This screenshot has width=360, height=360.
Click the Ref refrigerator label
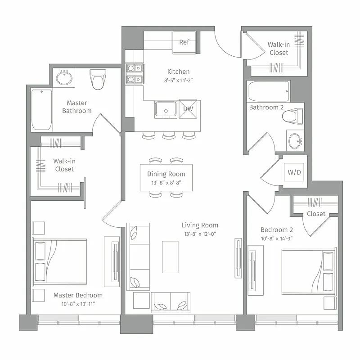pyautogui.click(x=184, y=42)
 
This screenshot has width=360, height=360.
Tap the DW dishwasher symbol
pyautogui.click(x=188, y=109)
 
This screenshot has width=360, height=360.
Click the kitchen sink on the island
pyautogui.click(x=166, y=109)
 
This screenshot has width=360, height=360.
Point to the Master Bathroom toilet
pyautogui.click(x=97, y=80)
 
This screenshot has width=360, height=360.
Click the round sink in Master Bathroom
pyautogui.click(x=64, y=78)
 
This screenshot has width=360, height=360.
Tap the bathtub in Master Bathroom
pyautogui.click(x=41, y=109)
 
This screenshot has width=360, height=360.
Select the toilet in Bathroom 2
pyautogui.click(x=293, y=116)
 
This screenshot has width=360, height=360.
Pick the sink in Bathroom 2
pyautogui.click(x=295, y=140)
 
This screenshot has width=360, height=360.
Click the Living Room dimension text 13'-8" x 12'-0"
pyautogui.click(x=200, y=234)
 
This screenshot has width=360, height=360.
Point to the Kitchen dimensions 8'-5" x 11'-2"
pyautogui.click(x=178, y=80)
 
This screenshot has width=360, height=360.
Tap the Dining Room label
pyautogui.click(x=166, y=174)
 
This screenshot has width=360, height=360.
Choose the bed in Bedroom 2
pyautogui.click(x=309, y=270)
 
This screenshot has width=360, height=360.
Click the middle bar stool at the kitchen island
pyautogui.click(x=169, y=135)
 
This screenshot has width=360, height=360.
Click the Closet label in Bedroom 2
pyautogui.click(x=316, y=214)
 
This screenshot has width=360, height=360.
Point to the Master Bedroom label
pyautogui.click(x=78, y=295)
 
